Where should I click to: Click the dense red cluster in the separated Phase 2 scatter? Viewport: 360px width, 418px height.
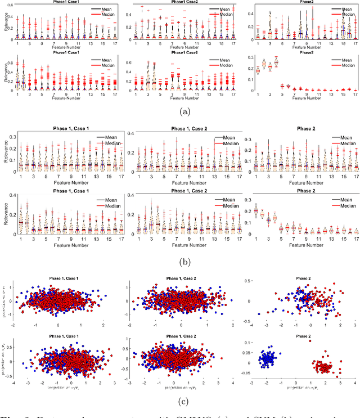(x=325, y=367)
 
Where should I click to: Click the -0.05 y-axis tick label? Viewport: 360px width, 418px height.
(x=241, y=376)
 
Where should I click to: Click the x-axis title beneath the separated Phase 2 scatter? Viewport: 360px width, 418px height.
(x=301, y=388)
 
